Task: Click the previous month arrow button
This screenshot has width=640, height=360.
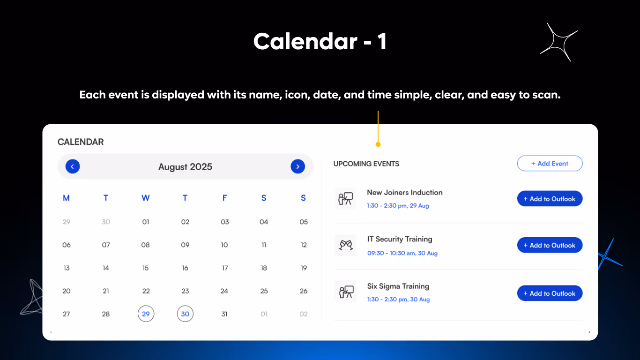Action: (x=73, y=166)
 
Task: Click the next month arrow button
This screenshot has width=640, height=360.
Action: (x=298, y=166)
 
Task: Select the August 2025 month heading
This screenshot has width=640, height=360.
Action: (x=185, y=167)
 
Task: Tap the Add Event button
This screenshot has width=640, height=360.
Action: (x=550, y=164)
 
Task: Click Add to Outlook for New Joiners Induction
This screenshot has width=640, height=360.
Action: (x=550, y=199)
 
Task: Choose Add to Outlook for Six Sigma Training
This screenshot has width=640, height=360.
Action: (x=550, y=293)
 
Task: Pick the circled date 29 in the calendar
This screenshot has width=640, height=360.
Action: (x=146, y=314)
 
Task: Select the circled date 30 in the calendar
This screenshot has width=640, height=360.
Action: (x=185, y=314)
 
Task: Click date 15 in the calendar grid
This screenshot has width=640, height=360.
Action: (x=146, y=268)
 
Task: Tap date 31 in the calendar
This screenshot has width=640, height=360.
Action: (x=224, y=314)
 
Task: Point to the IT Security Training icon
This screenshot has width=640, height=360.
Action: (x=346, y=245)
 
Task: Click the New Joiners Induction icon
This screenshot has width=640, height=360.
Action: (x=346, y=199)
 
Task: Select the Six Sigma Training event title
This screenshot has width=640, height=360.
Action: (x=398, y=286)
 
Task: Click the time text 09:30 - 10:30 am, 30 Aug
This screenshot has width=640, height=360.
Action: (x=402, y=253)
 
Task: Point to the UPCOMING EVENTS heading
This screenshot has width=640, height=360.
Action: (x=366, y=164)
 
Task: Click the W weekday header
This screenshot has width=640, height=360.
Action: (x=146, y=198)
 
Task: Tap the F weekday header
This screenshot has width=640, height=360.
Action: (x=224, y=198)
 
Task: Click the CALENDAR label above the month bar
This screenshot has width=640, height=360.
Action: (x=81, y=142)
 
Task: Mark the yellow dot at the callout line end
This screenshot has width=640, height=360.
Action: (x=378, y=144)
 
